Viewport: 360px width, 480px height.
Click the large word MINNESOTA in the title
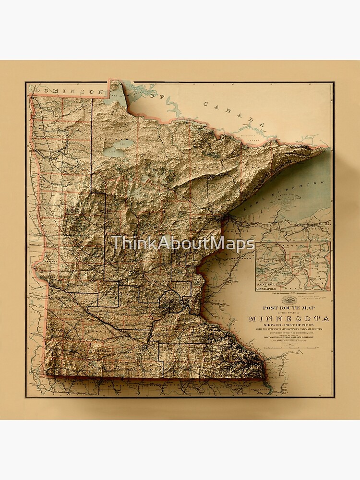[x=289, y=318]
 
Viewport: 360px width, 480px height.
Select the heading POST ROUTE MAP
[x=288, y=309]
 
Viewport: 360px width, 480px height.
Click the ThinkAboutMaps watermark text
[x=182, y=243]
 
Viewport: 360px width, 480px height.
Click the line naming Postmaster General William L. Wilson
[x=288, y=336]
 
